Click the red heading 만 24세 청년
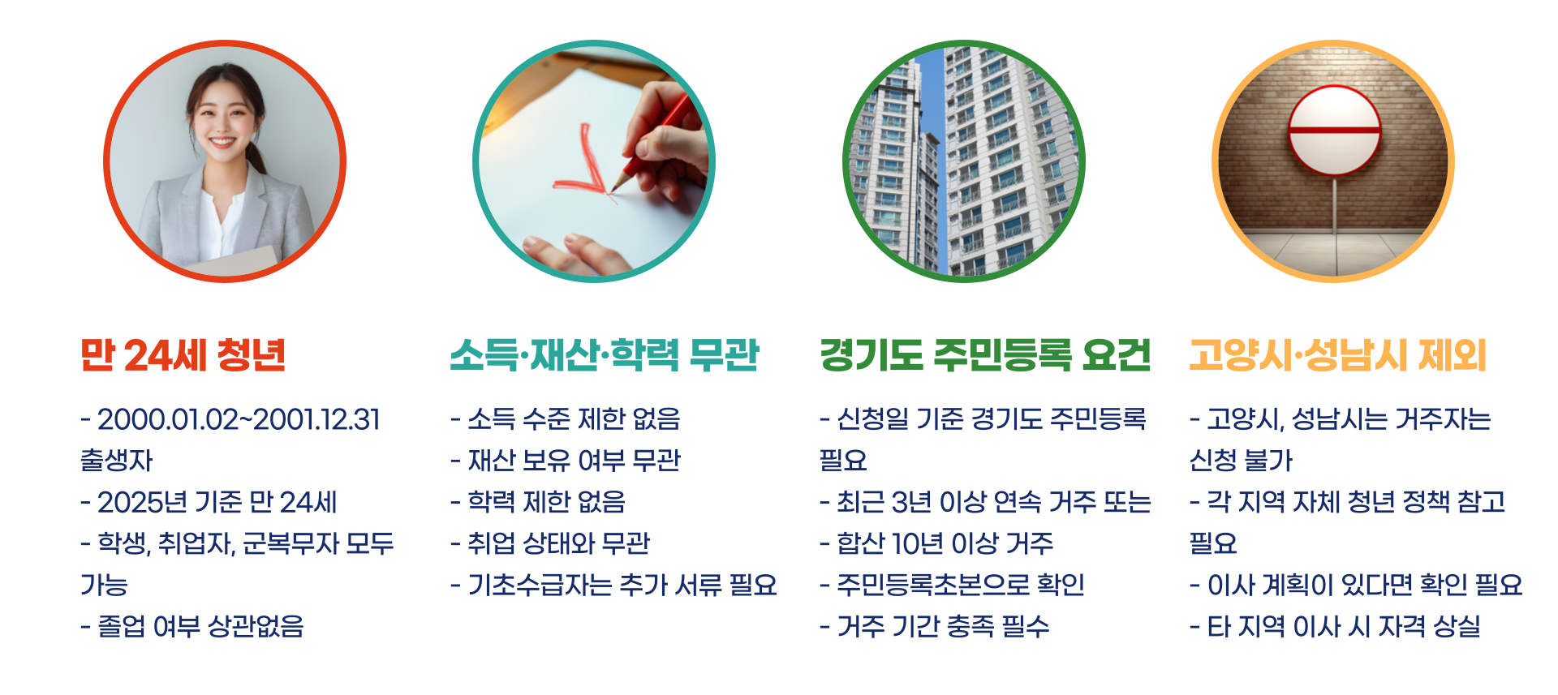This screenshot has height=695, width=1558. click(183, 355)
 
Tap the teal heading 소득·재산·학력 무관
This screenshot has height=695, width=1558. click(605, 355)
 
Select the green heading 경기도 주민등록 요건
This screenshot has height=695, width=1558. click(985, 355)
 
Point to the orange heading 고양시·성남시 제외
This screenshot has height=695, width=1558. click(1338, 355)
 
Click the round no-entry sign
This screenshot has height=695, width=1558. click(1335, 130)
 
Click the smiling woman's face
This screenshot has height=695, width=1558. click(222, 122)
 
